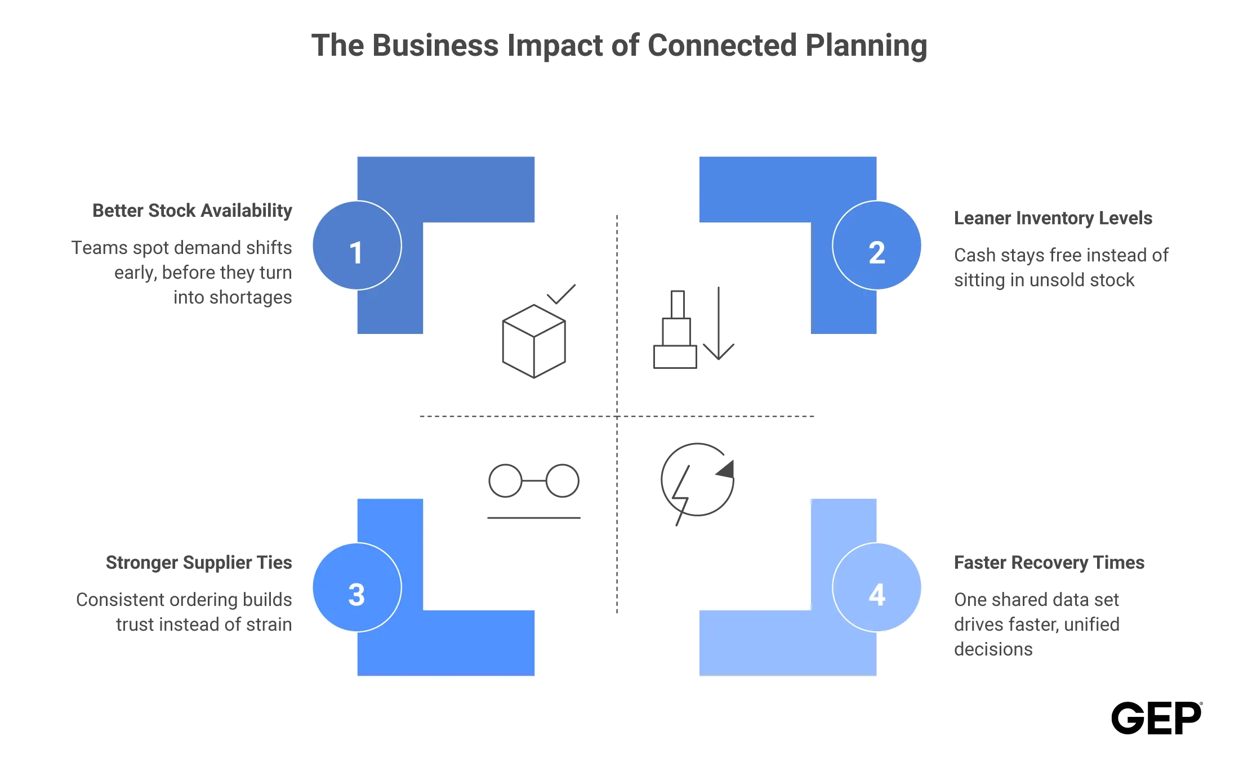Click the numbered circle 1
[x=357, y=246]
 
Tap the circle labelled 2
[x=877, y=246]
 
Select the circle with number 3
[x=357, y=587]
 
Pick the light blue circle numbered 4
[x=877, y=587]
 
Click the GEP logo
[x=1156, y=718]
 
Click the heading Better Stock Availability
[x=192, y=211]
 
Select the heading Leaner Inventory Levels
[x=1053, y=218]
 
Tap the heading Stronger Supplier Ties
[x=199, y=563]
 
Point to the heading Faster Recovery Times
[x=1049, y=563]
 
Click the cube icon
[x=534, y=341]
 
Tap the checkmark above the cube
[x=561, y=294]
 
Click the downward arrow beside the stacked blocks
[x=719, y=323]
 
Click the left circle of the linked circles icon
[x=506, y=481]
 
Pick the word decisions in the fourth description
[x=993, y=649]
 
